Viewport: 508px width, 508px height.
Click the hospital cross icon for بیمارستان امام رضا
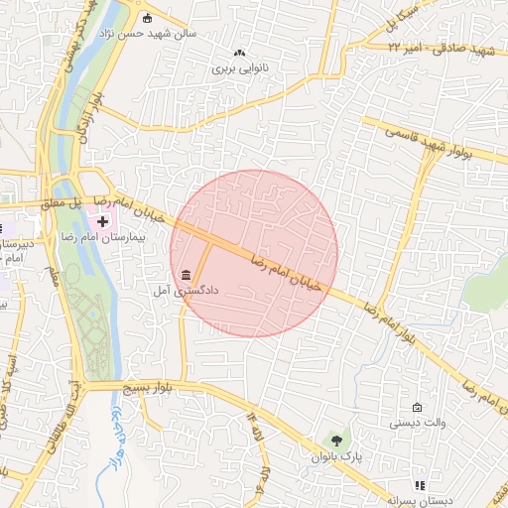click(103, 219)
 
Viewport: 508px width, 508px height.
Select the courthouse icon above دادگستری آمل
click(186, 275)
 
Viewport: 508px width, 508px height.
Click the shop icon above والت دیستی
click(417, 408)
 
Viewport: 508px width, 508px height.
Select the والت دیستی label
click(417, 424)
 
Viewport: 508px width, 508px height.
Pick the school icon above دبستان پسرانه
click(420, 486)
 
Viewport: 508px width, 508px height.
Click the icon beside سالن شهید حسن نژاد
click(148, 17)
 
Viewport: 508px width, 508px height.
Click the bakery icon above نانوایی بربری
click(238, 53)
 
